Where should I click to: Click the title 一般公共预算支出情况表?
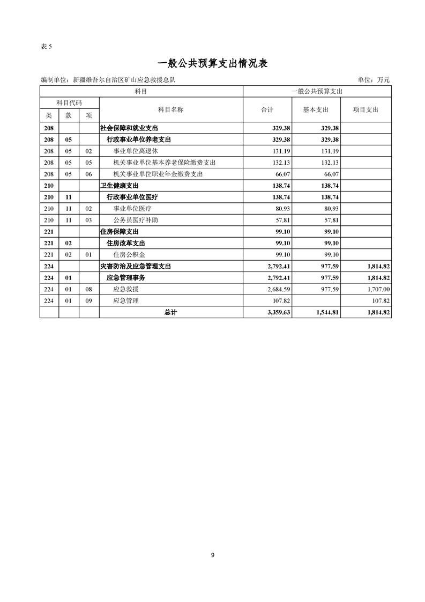212,63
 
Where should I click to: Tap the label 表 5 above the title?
46,46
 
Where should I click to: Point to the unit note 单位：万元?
374,80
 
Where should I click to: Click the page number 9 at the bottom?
213,555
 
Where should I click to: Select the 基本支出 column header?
316,109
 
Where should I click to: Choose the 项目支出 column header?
366,109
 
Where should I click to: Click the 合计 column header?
267,109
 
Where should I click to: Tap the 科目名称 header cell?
171,109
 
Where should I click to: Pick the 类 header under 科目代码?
49,115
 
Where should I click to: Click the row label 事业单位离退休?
136,151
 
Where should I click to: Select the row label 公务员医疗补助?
136,220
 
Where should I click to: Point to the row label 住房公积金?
128,254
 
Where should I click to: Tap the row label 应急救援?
124,289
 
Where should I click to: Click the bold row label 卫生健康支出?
120,186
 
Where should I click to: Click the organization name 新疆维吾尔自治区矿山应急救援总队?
123,80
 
